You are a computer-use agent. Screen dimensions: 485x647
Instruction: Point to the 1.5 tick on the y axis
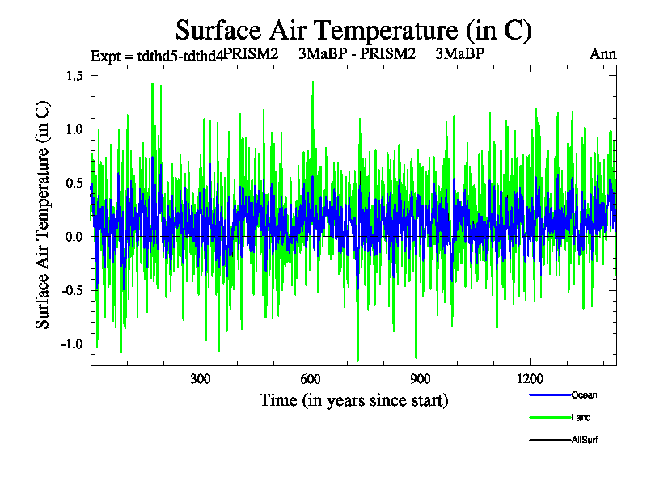tap(75, 76)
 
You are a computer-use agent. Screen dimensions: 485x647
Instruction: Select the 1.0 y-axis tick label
tap(75, 129)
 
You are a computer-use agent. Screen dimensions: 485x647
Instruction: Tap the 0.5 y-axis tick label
tap(75, 183)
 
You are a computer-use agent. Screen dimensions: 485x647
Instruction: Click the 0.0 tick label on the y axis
tap(75, 237)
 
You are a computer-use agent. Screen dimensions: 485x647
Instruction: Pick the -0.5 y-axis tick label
tap(73, 290)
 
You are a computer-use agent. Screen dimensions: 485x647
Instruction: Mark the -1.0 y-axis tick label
tap(73, 344)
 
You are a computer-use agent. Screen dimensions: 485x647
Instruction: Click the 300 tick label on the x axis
tap(201, 380)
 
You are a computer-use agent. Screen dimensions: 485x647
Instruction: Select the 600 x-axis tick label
tap(311, 380)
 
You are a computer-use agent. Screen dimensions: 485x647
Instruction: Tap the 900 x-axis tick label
tap(421, 380)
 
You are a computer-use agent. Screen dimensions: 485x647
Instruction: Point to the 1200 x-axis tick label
tap(530, 380)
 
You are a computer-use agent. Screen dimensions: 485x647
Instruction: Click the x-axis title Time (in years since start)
tap(353, 400)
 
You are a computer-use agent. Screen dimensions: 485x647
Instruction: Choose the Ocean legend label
tap(584, 395)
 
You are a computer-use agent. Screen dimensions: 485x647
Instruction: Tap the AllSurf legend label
tap(585, 440)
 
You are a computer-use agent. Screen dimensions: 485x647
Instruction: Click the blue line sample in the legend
tap(549, 395)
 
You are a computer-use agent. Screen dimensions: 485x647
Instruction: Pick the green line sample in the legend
tap(549, 418)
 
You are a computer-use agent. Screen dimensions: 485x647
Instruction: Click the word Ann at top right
tap(603, 55)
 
